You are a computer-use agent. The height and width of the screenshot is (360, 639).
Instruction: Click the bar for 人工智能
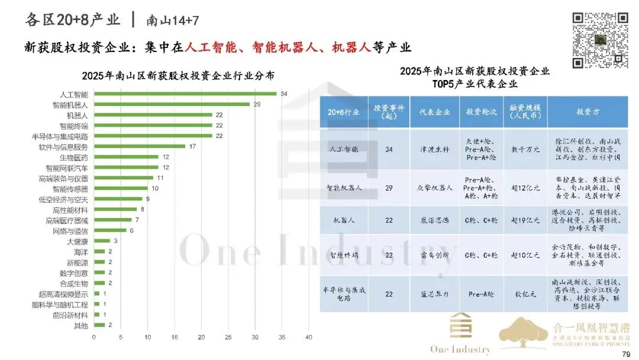[x=185, y=94]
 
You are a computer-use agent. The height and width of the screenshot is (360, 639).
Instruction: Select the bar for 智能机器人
[x=172, y=104]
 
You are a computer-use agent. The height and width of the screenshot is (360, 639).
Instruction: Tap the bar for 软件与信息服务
[x=139, y=146]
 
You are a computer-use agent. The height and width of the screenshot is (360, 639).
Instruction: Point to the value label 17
[x=192, y=146]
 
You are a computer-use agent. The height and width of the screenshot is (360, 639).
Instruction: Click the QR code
[x=599, y=40]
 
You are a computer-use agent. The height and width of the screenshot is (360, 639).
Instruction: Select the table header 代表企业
[x=435, y=111]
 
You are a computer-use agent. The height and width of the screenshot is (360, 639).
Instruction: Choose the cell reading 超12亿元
[x=524, y=188]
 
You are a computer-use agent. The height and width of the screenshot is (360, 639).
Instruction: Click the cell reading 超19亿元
[x=524, y=219]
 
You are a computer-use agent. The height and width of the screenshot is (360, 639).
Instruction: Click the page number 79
[x=627, y=353]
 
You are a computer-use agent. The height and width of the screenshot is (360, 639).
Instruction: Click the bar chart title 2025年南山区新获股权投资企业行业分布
[x=177, y=75]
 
